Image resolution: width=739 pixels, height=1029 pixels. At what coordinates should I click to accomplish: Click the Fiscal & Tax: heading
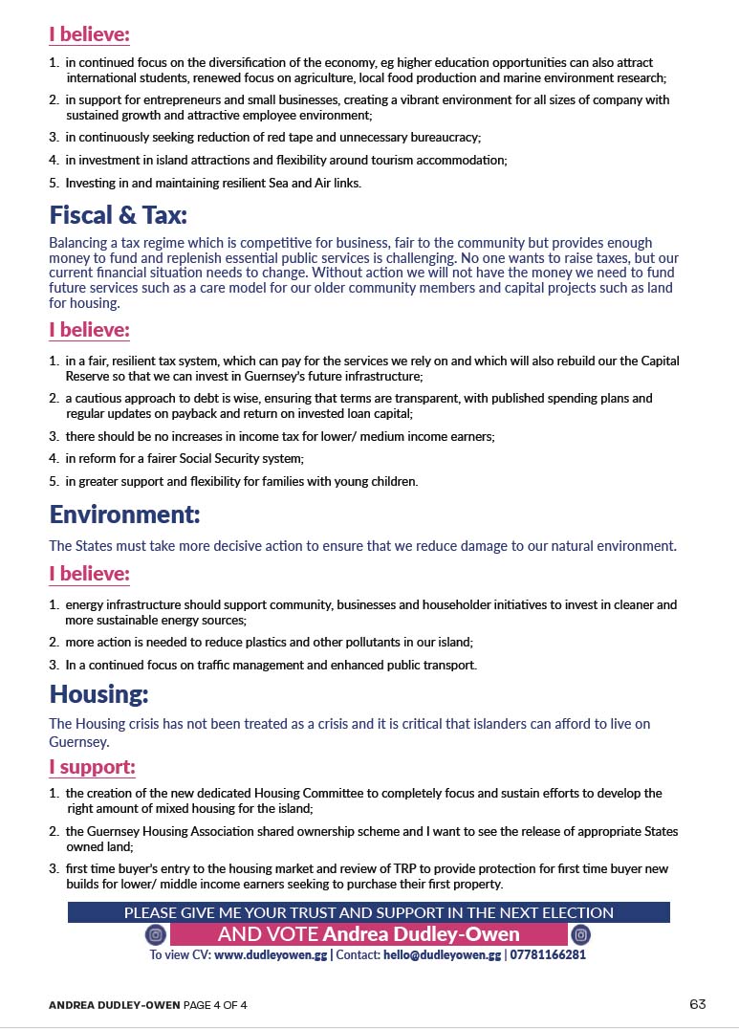tap(118, 213)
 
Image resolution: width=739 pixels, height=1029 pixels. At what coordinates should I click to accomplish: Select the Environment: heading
tap(124, 514)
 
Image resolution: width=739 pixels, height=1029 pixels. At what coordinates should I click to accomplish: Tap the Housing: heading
tap(99, 692)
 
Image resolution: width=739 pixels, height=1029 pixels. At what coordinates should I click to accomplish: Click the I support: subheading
tap(92, 768)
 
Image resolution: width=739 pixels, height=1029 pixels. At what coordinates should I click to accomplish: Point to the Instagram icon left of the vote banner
tap(156, 934)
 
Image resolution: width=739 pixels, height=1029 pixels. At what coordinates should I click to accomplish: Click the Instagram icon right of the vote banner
tap(580, 934)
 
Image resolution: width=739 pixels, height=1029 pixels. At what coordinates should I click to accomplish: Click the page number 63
tap(697, 1004)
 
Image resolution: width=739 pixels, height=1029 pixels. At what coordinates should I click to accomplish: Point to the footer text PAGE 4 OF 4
tap(211, 1005)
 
